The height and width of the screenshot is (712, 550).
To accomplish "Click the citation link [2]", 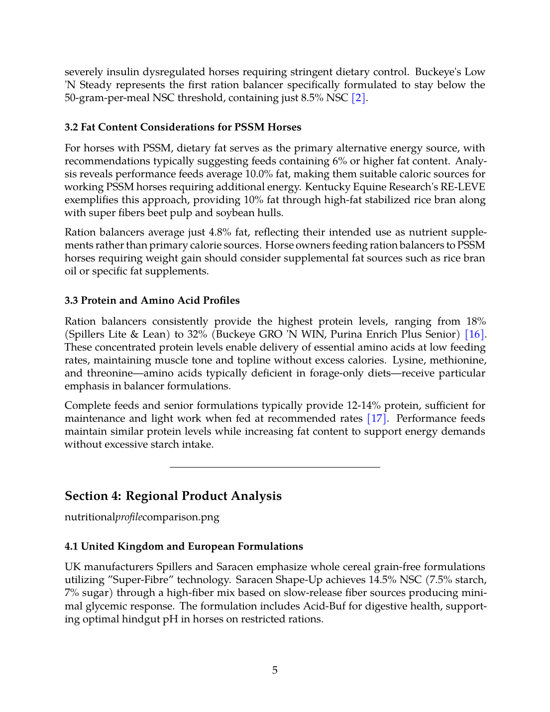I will click(359, 98).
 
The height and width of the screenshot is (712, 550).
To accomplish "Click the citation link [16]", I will click(474, 335).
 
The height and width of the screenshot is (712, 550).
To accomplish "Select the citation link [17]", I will click(377, 419).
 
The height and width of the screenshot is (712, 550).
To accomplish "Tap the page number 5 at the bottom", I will click(275, 670).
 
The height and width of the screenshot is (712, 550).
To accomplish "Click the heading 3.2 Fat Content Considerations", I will click(183, 127).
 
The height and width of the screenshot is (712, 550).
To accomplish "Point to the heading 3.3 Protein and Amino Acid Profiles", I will click(152, 301).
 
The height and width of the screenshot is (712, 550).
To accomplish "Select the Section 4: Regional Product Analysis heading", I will click(173, 496).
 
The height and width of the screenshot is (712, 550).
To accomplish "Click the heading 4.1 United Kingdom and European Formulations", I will click(184, 547).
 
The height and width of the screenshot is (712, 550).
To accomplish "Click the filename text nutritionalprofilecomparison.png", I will click(142, 517).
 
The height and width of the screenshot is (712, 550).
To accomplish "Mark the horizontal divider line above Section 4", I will click(275, 467).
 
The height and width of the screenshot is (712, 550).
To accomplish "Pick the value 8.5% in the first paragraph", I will click(312, 98).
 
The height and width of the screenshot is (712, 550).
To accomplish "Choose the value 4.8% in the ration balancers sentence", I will click(219, 233).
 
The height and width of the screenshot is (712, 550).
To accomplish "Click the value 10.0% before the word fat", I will click(258, 174).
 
